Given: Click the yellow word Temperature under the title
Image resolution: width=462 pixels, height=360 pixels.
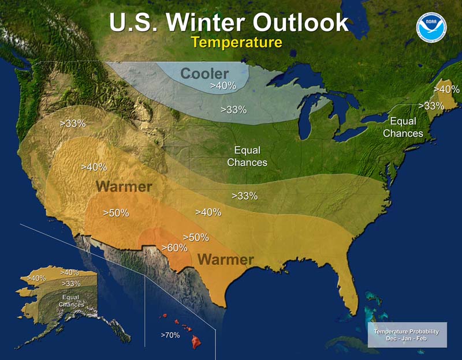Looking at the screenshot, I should point(237,42).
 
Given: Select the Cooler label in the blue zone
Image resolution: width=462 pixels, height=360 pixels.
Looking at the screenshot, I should point(204,74).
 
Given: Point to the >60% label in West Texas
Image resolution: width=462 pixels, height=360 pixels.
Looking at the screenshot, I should point(174,247).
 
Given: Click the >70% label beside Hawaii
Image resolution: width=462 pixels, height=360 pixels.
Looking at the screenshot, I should point(170,335).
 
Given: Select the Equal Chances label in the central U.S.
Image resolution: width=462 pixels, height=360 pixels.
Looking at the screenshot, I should point(247,156).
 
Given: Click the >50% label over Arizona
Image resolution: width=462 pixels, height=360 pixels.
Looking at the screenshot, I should point(115,213).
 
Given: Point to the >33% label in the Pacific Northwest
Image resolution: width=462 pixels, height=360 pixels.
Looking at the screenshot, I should point(73,123).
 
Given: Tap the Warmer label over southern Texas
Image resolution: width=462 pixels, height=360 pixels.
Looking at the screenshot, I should point(226,259).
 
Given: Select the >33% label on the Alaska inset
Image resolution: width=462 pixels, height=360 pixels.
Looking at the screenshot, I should point(70,283).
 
